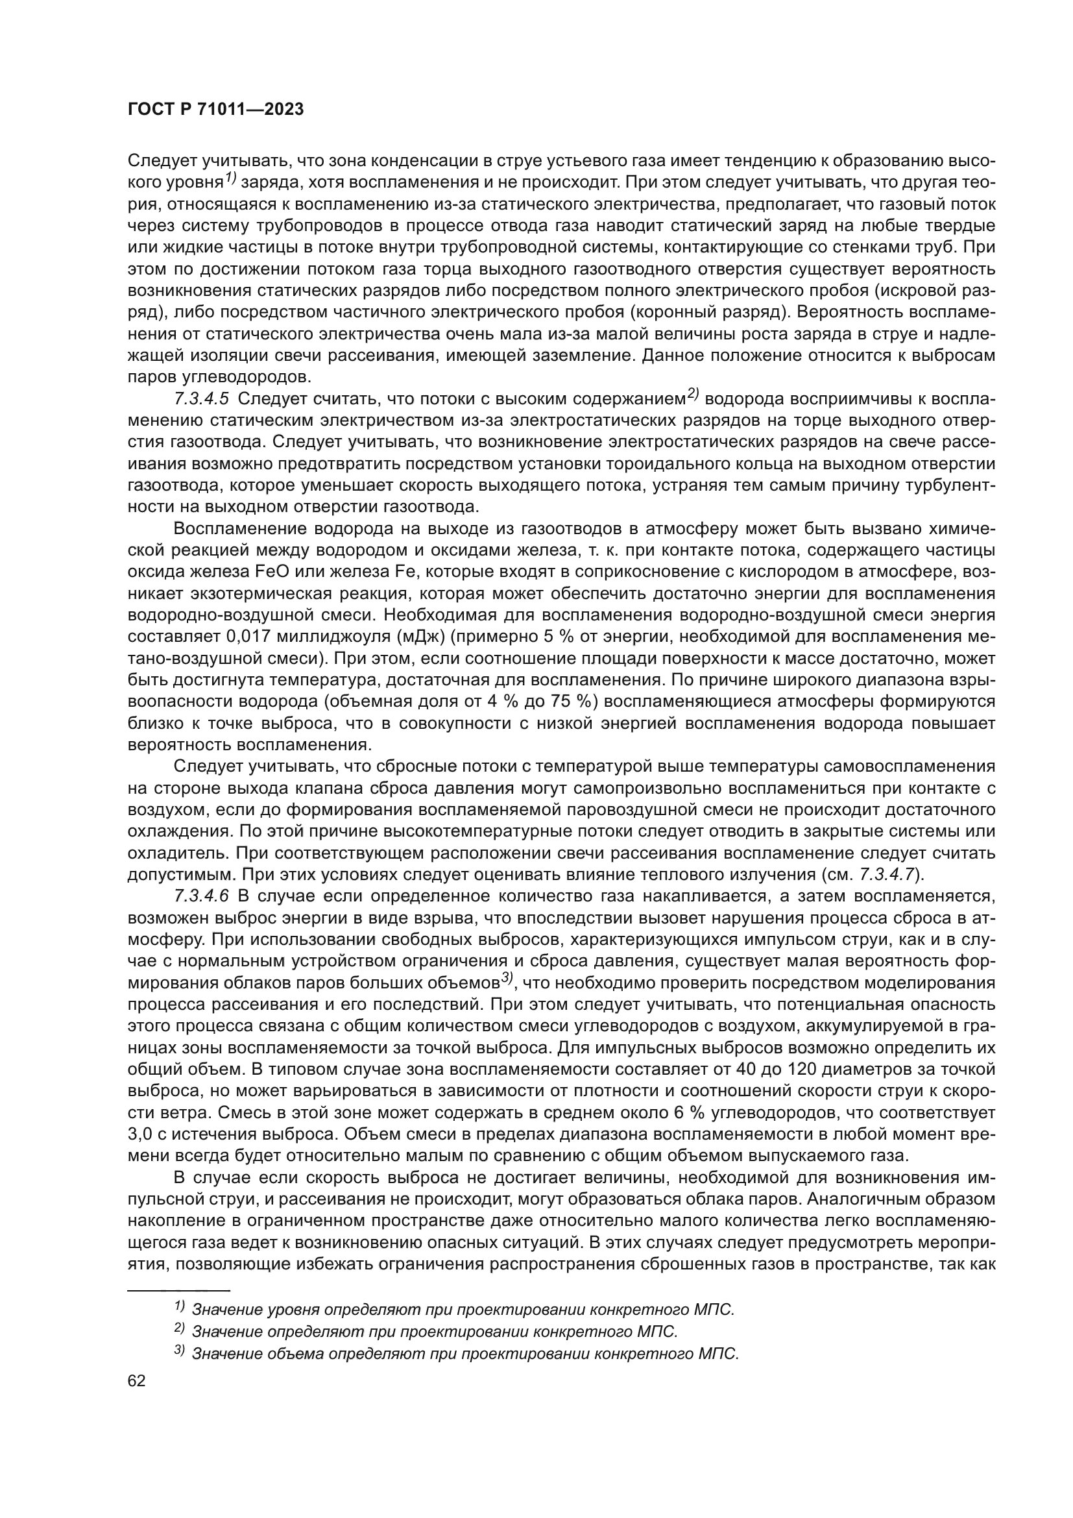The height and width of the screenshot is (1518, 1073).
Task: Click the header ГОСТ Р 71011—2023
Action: [x=215, y=110]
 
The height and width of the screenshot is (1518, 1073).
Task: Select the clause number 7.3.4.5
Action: [x=202, y=399]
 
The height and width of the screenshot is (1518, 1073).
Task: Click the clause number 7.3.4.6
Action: [x=202, y=896]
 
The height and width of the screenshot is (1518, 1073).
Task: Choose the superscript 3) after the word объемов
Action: [x=507, y=979]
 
